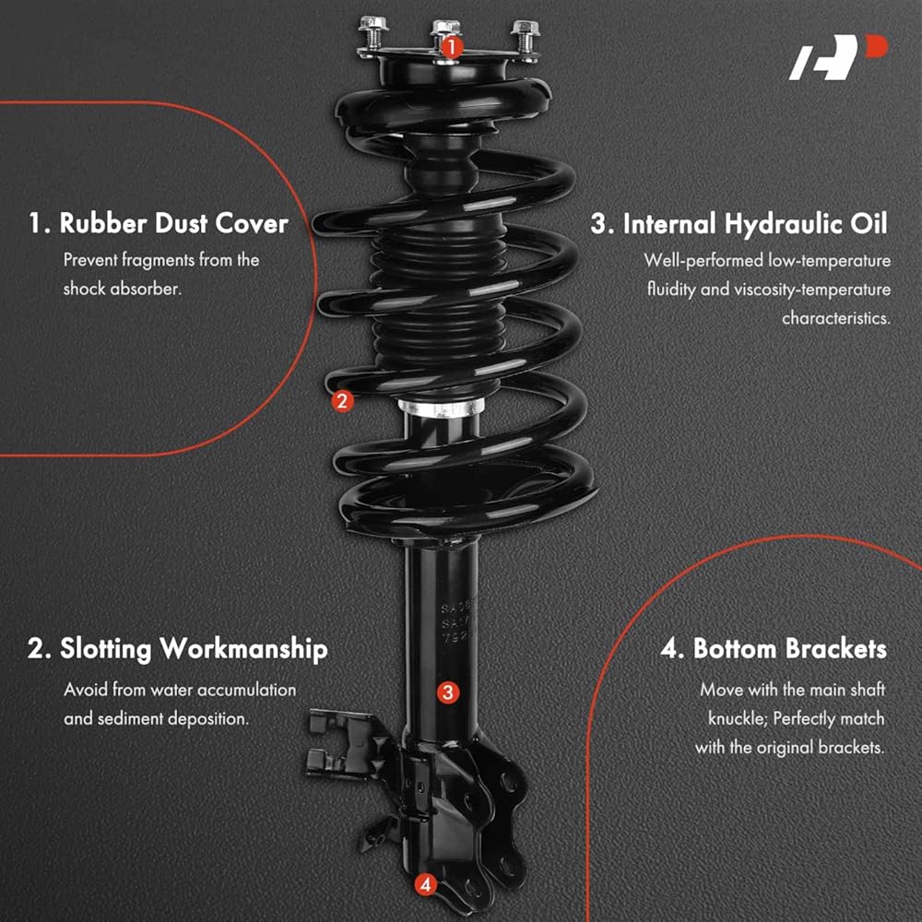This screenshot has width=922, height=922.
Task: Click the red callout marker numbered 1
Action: (x=451, y=47)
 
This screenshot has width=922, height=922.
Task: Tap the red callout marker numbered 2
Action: (x=342, y=402)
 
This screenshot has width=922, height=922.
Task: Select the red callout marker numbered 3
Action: (x=447, y=692)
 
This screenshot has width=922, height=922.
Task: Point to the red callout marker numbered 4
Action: (x=425, y=884)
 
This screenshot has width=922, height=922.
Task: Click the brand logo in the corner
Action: (x=838, y=57)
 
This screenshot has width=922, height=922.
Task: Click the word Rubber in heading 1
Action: (x=103, y=224)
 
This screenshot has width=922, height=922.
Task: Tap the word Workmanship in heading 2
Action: (x=243, y=650)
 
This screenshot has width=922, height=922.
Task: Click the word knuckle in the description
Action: (x=737, y=718)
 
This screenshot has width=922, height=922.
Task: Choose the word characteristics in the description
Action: (x=835, y=318)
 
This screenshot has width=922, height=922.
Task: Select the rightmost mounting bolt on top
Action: (x=526, y=38)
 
